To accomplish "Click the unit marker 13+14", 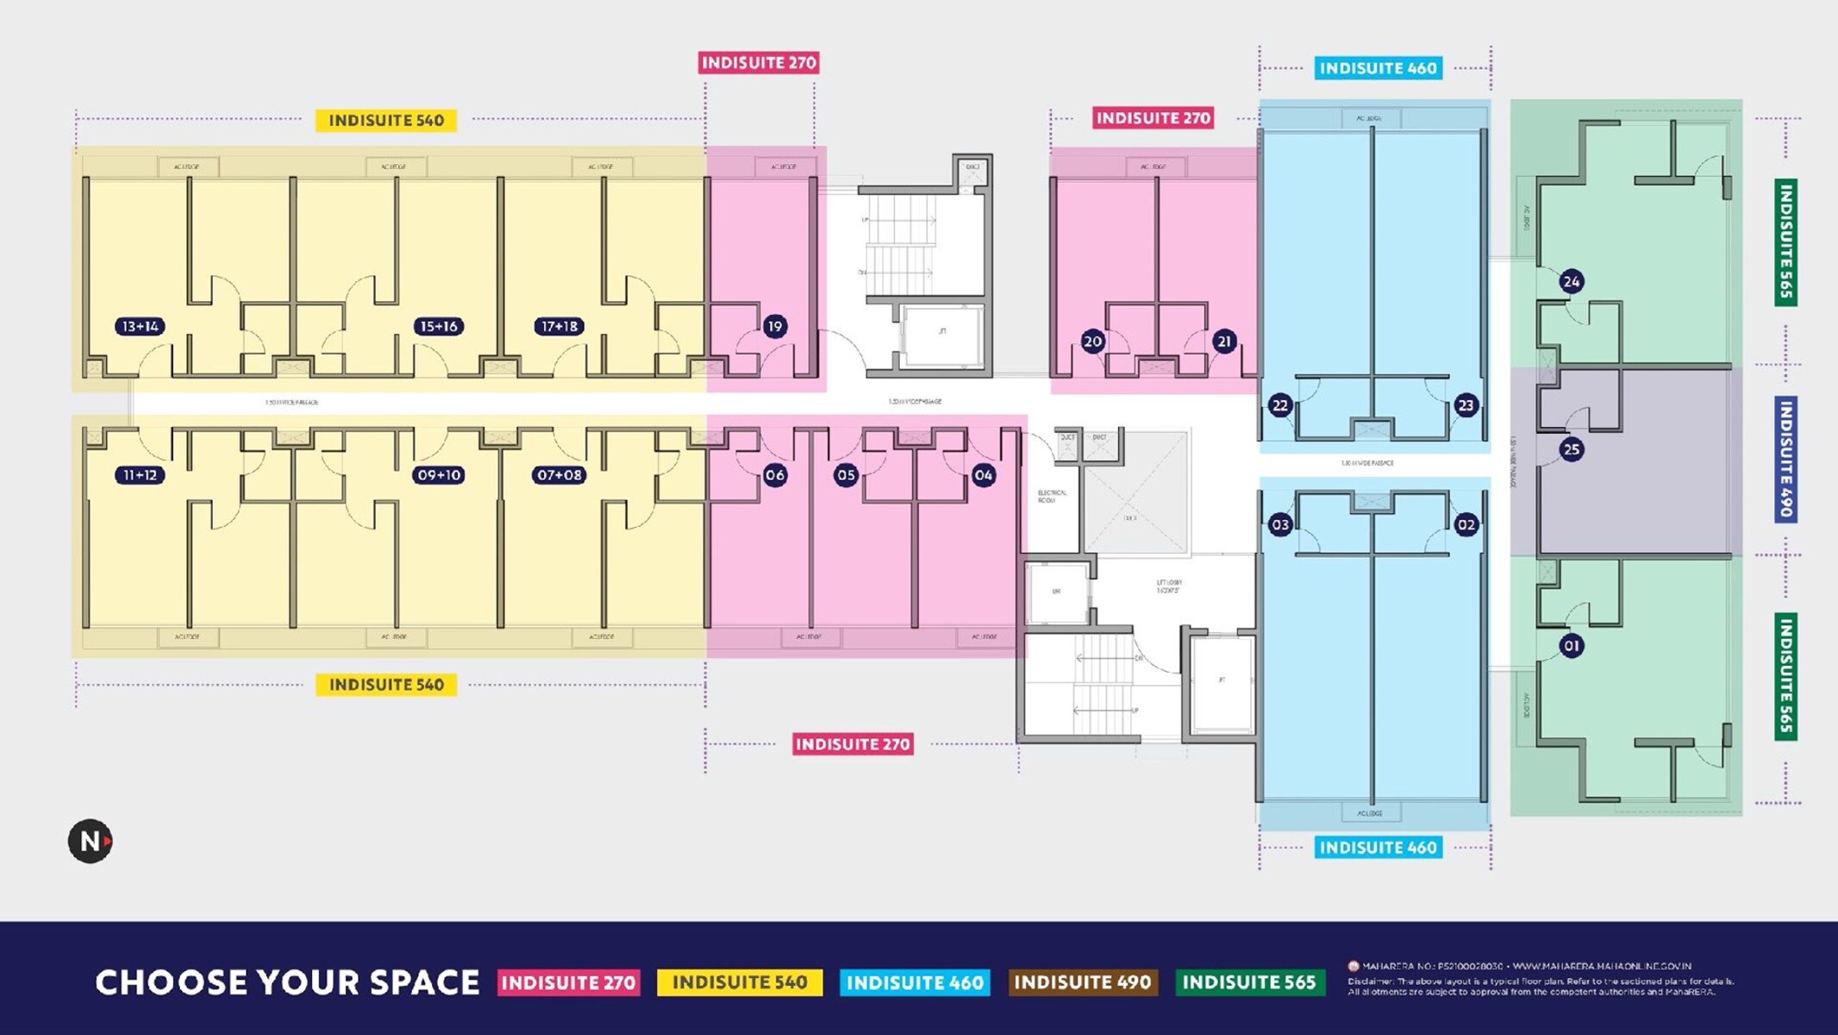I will (x=140, y=326).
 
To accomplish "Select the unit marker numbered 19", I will (x=774, y=326).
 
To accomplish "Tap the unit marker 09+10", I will (x=438, y=475).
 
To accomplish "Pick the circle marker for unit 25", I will (x=1571, y=449).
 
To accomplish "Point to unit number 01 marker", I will (x=1571, y=645).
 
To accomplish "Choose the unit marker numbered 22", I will (x=1280, y=405).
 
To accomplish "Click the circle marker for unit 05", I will (x=846, y=475).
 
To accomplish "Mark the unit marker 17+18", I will (x=559, y=326).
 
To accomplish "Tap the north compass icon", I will (x=91, y=841).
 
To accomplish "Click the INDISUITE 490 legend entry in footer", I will (x=1082, y=982).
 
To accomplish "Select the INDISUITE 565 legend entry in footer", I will (x=1249, y=982).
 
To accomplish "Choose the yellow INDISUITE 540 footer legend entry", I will (x=739, y=982).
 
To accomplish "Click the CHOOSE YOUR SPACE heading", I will (x=287, y=982).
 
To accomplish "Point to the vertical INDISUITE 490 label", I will (x=1785, y=458).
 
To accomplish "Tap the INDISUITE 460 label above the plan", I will (x=1378, y=68).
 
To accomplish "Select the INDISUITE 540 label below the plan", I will (x=386, y=685).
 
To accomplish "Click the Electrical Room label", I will (x=1052, y=496).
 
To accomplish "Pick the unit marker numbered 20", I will (x=1092, y=342).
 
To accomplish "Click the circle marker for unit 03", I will (x=1280, y=524).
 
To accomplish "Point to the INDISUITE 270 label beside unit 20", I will (x=1153, y=118).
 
